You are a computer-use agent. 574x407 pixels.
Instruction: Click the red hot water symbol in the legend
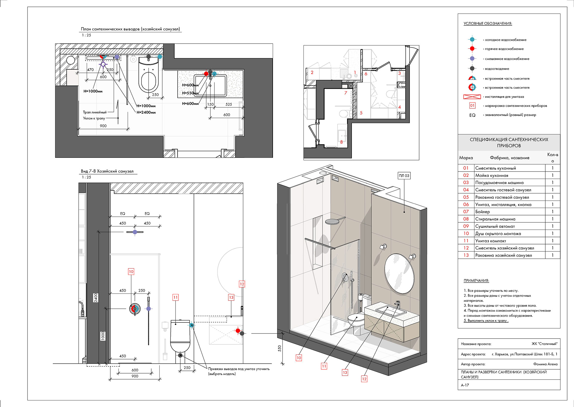click(x=472, y=49)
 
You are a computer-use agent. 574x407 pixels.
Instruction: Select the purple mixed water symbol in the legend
click(x=472, y=59)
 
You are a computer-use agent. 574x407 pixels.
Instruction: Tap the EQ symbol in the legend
click(x=472, y=115)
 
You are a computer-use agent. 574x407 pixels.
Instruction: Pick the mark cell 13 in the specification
click(x=466, y=255)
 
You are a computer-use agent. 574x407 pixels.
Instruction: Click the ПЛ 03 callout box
click(x=404, y=176)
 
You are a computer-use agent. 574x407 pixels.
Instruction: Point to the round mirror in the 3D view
click(x=399, y=273)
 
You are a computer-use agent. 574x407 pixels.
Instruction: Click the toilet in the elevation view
click(x=180, y=336)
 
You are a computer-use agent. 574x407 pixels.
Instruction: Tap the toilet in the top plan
click(x=148, y=75)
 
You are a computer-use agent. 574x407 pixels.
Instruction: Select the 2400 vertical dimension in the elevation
click(x=96, y=298)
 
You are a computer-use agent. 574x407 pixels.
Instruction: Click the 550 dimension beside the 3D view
click(x=280, y=348)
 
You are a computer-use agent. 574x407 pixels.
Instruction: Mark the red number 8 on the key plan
click(x=341, y=142)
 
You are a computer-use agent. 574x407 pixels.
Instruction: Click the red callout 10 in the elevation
click(x=131, y=272)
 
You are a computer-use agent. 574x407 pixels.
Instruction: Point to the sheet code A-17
click(x=465, y=385)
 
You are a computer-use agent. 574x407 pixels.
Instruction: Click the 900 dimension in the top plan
click(x=103, y=126)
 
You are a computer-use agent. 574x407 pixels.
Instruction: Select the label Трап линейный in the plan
click(x=95, y=112)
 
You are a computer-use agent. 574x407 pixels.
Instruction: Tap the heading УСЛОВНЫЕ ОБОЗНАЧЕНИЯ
click(x=488, y=24)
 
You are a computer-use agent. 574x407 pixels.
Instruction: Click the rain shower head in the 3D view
click(x=332, y=221)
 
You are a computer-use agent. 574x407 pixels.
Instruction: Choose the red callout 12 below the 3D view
click(x=364, y=379)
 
